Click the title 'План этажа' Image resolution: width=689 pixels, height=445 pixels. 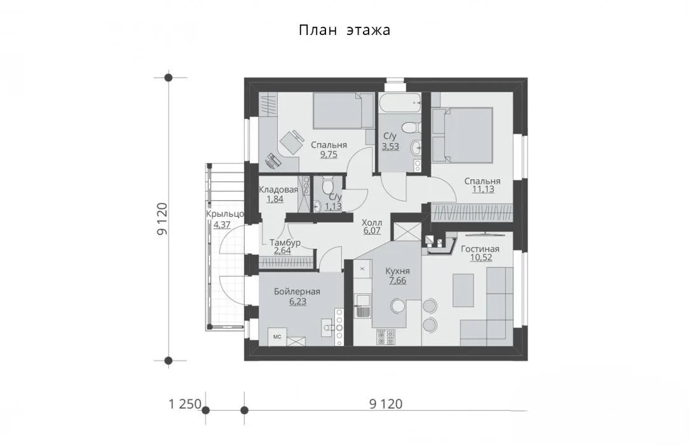click(x=344, y=31)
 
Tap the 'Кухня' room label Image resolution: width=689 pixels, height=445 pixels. click(x=398, y=271)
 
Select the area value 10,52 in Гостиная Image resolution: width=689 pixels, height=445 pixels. click(x=481, y=258)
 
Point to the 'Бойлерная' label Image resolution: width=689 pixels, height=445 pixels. click(x=297, y=292)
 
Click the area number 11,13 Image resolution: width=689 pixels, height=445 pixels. click(x=483, y=189)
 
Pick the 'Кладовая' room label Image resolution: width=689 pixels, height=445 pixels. click(x=278, y=190)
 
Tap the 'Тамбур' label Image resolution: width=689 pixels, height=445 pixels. click(x=285, y=242)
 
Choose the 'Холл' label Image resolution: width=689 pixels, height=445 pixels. click(x=372, y=222)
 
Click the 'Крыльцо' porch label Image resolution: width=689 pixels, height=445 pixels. click(x=225, y=214)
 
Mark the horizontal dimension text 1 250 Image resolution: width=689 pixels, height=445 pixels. click(x=185, y=404)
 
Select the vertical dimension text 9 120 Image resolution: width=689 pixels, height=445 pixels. click(x=162, y=219)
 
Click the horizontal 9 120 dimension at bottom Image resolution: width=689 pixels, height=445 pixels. click(x=386, y=404)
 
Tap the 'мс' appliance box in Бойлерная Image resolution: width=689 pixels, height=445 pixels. click(x=277, y=337)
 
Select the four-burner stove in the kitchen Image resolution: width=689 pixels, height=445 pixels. click(x=386, y=337)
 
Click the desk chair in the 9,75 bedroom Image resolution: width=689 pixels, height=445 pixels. click(x=292, y=142)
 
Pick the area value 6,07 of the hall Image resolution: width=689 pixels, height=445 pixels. click(x=372, y=231)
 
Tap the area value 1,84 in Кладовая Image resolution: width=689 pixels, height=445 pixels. click(x=275, y=199)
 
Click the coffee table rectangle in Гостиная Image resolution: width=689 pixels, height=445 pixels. click(x=463, y=291)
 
